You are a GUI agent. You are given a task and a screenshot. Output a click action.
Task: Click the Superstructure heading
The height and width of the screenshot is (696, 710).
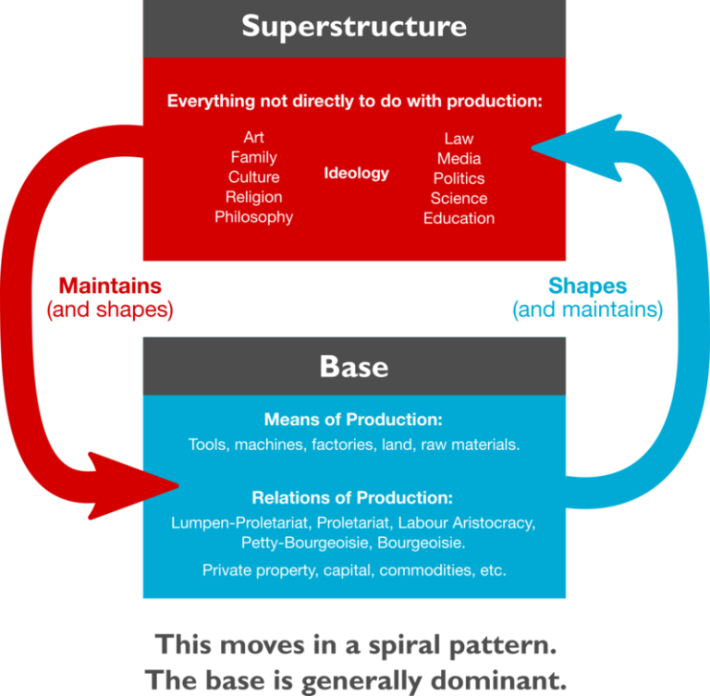(x=354, y=26)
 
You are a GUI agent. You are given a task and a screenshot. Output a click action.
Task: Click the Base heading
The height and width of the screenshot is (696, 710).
(x=354, y=367)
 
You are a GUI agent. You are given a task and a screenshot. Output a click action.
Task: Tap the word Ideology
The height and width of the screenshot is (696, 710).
(x=357, y=173)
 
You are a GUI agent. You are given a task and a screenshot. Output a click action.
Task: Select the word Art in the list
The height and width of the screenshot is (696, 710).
(x=254, y=138)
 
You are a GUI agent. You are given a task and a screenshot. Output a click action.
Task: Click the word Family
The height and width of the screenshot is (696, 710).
(x=254, y=157)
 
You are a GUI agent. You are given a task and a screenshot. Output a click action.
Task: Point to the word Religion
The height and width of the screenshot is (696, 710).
(x=254, y=197)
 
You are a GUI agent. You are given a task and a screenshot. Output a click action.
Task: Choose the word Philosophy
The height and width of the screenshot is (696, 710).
(x=254, y=217)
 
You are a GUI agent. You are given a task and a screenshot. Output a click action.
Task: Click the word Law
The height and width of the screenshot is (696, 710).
(x=459, y=139)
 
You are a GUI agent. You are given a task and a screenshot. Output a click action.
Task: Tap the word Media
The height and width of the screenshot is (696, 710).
(x=459, y=159)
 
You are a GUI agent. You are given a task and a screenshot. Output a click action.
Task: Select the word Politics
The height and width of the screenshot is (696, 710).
(x=459, y=178)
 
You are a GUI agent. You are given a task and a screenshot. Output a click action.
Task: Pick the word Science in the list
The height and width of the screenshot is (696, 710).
(x=459, y=198)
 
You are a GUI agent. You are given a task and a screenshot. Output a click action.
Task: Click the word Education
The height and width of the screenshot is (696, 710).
(x=459, y=218)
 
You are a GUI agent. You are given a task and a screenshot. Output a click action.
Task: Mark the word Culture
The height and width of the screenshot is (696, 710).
(x=254, y=177)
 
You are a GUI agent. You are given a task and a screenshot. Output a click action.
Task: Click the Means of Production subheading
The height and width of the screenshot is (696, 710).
(x=354, y=419)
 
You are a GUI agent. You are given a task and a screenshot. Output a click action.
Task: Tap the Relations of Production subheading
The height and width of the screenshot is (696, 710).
(x=354, y=497)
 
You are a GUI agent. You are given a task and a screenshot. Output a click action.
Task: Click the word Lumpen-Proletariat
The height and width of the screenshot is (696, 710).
(x=229, y=523)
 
